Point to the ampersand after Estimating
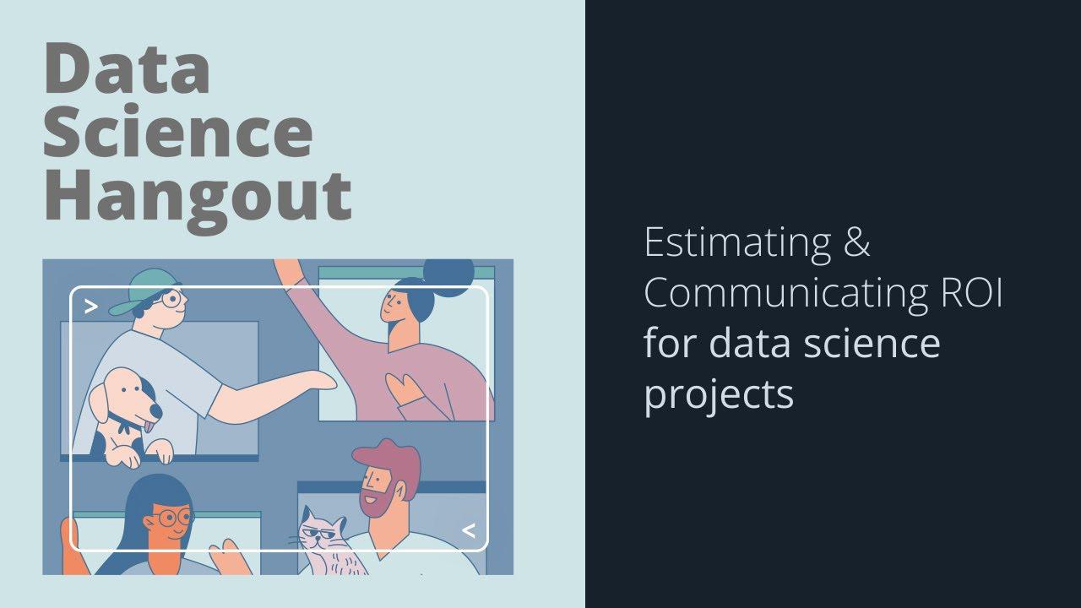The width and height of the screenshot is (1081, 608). coord(855,243)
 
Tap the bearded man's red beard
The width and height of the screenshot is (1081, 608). coord(377,502)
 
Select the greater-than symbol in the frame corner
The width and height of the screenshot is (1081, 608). coord(91,307)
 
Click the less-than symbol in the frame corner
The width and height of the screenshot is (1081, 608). coord(468,530)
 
